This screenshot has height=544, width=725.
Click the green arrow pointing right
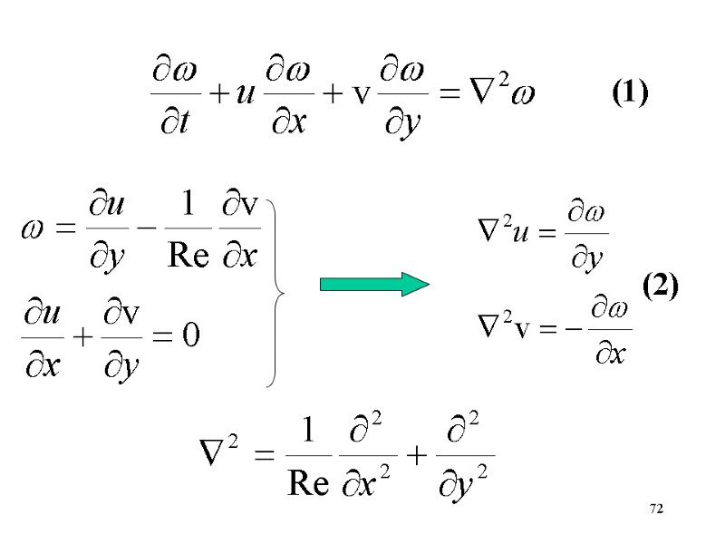[373, 284]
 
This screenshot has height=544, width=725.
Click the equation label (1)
[629, 92]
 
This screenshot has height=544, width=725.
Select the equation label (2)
[660, 287]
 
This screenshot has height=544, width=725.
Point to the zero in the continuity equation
[191, 336]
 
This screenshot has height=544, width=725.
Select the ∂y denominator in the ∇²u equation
[586, 262]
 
